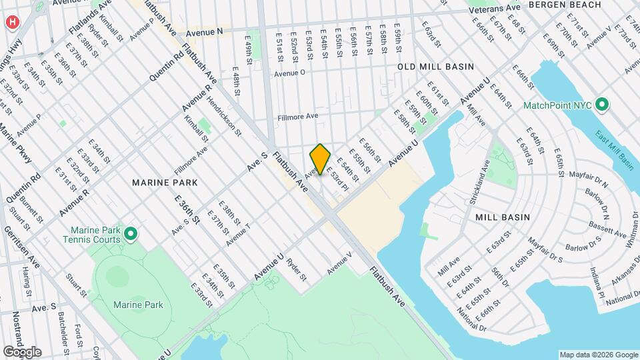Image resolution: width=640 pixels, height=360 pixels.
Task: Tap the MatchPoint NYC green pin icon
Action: click(x=602, y=105)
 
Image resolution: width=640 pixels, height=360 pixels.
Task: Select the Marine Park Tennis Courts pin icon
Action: click(x=131, y=233)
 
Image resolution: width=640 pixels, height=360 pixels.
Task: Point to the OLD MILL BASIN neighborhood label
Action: click(x=435, y=67)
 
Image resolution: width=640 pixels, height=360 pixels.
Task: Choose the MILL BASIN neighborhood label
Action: click(x=503, y=217)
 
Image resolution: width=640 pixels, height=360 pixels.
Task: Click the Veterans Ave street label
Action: click(x=494, y=10)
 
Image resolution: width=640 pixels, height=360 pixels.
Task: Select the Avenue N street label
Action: click(x=203, y=32)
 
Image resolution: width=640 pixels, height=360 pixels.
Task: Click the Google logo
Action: click(x=21, y=352)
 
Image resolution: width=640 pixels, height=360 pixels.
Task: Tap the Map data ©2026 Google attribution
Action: click(x=598, y=355)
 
